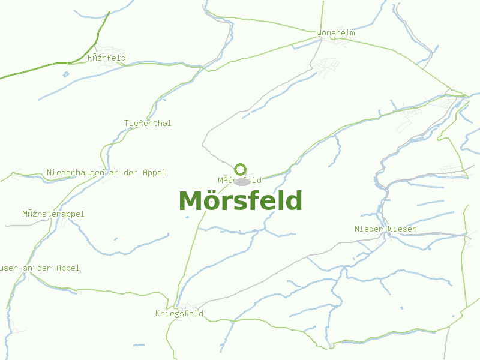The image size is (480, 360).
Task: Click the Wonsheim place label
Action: pos(335,32)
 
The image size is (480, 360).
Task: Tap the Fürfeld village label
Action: pos(107,58)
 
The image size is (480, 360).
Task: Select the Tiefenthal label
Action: pos(148,123)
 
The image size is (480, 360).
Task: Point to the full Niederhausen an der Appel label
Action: pos(106,172)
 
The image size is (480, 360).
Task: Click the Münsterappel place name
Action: pos(53,214)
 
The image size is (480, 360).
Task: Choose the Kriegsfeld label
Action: pos(179,313)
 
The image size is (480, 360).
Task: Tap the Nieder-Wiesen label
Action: pos(385,229)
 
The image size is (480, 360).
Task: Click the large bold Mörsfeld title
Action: pos(241,201)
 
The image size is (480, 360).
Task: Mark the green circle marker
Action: pos(241,169)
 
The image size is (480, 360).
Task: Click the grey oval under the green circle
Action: pos(242,181)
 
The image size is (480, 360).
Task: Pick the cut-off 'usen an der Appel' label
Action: pos(40,268)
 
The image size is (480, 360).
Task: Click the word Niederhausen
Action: pos(76,172)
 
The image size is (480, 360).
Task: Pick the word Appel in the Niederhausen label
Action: pos(154,172)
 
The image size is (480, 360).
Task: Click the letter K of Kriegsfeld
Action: pos(158,313)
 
